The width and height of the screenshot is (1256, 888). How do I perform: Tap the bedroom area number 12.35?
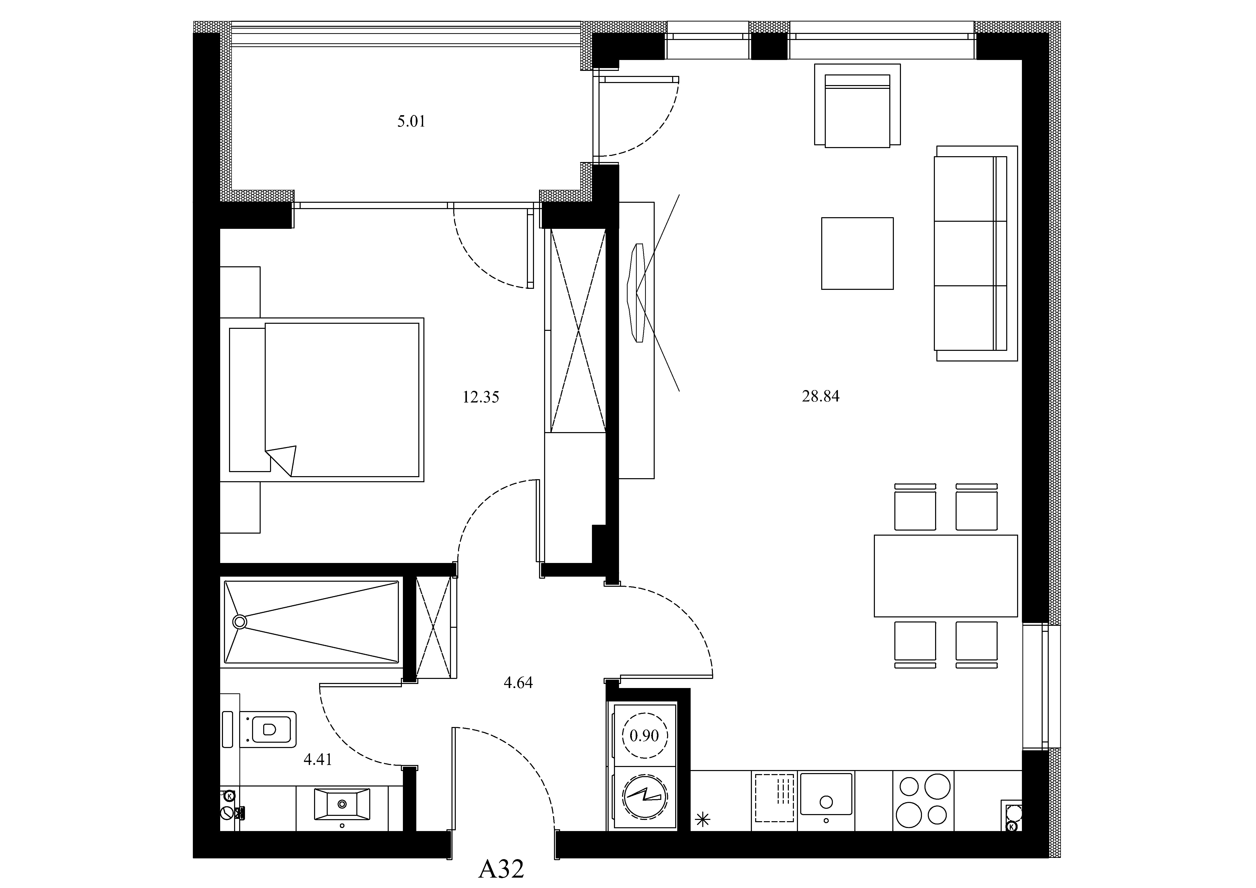(x=481, y=397)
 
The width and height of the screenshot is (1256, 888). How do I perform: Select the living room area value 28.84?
(x=820, y=396)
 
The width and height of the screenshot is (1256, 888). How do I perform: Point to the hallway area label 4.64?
(x=518, y=683)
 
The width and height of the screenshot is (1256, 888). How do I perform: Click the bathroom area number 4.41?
(x=318, y=759)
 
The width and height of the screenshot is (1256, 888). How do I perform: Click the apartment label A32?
(x=501, y=869)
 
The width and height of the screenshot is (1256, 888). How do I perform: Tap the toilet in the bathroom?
(x=268, y=729)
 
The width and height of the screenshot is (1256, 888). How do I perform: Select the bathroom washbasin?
(x=342, y=804)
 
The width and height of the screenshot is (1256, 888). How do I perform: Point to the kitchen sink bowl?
(x=826, y=793)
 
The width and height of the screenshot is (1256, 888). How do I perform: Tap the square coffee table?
(x=857, y=253)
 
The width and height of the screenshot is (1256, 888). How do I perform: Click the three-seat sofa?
(x=976, y=253)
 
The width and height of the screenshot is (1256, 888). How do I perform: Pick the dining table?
(x=946, y=576)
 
